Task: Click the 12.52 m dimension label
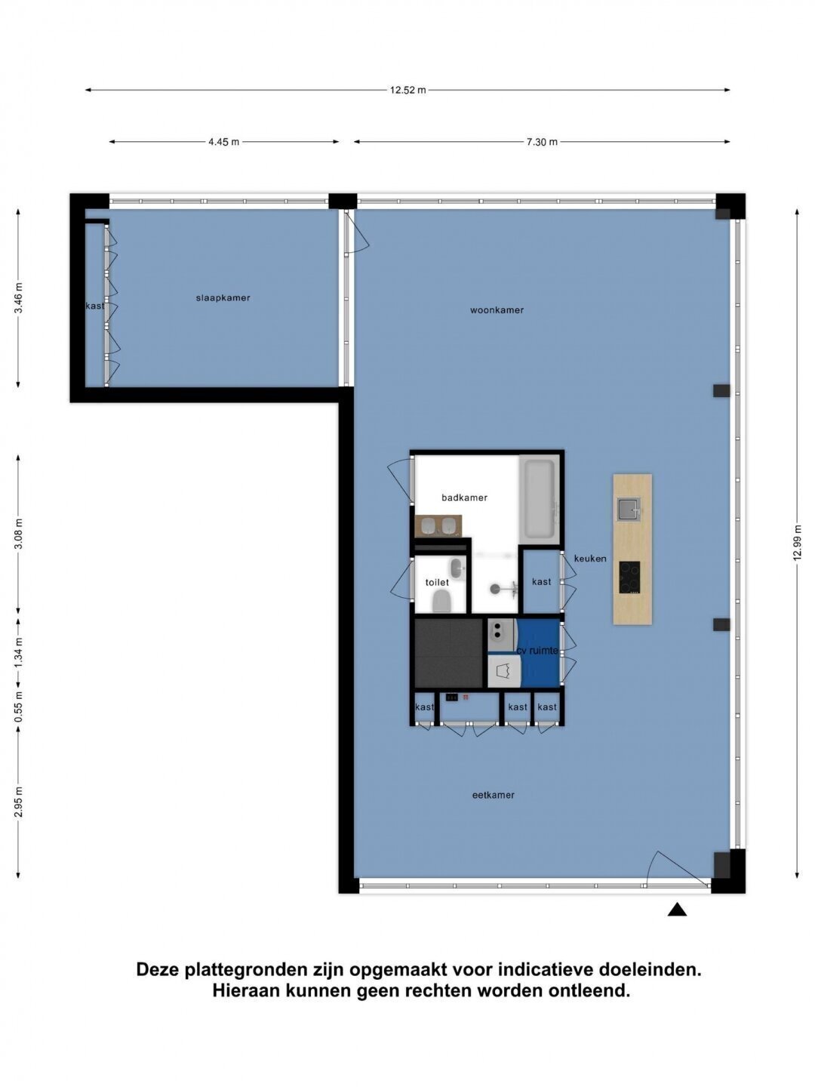tap(407, 90)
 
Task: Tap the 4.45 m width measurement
tap(223, 142)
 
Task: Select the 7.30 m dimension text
tap(542, 142)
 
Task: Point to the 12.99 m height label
tap(796, 542)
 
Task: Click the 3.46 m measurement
tap(18, 297)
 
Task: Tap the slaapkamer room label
tap(223, 298)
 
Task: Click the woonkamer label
tap(497, 310)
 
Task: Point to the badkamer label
tap(464, 497)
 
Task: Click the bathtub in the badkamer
tap(540, 500)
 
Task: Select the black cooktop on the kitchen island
tap(629, 577)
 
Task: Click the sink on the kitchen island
tap(629, 510)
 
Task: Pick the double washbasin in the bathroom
tap(438, 526)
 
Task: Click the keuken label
tap(590, 559)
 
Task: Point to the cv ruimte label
tap(537, 651)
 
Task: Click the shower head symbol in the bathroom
tap(495, 589)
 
